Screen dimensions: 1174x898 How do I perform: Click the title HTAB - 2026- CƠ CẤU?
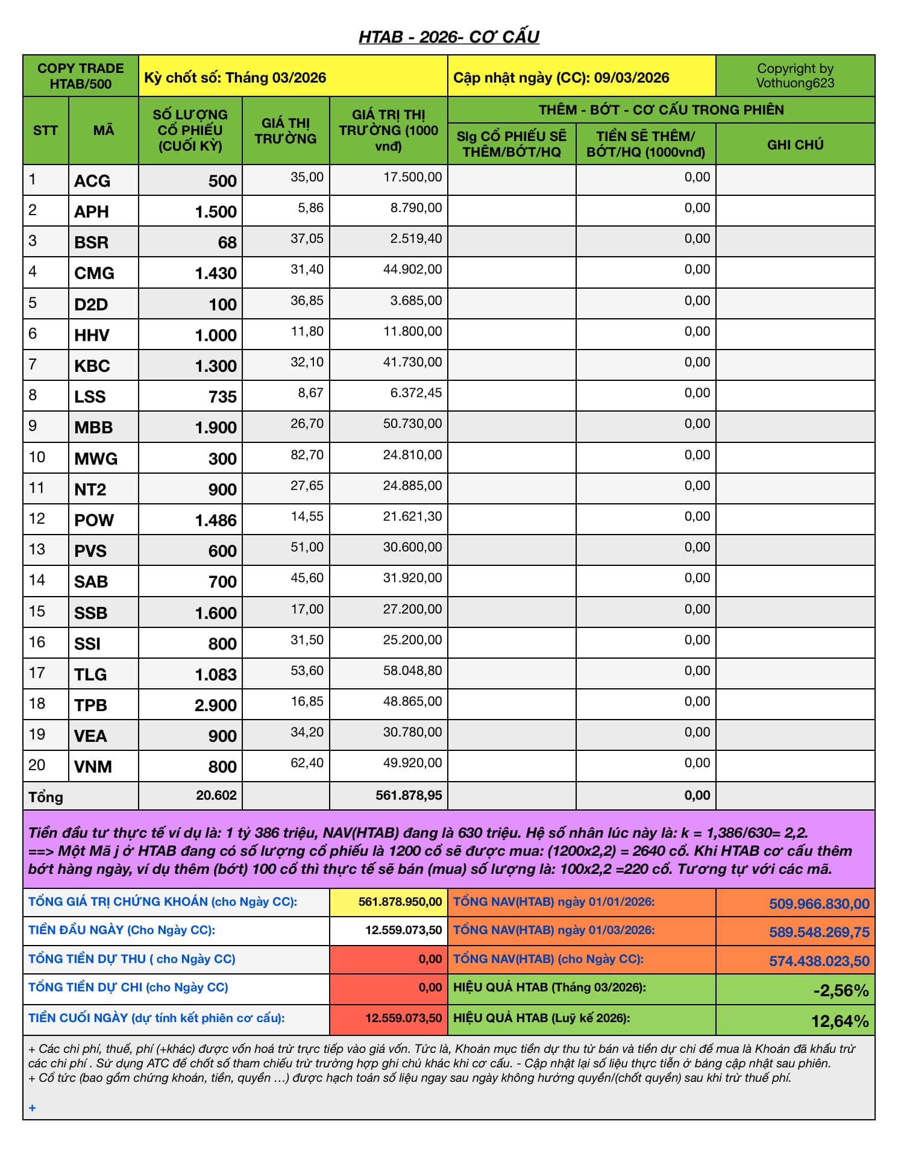448,37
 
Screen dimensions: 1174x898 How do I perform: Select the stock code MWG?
96,459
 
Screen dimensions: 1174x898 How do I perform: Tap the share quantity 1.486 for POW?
216,520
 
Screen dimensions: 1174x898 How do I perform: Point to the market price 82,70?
307,454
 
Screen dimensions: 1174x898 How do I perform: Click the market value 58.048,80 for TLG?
412,670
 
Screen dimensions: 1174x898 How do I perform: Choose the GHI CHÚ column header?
795,145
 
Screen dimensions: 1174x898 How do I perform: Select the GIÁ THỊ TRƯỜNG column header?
286,131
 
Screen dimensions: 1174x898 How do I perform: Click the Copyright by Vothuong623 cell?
795,76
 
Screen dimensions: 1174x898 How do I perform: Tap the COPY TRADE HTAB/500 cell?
81,76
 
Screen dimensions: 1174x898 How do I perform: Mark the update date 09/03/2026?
632,78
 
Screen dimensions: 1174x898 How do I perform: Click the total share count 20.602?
216,796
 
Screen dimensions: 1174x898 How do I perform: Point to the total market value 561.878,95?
409,796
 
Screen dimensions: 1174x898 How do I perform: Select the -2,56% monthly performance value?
841,990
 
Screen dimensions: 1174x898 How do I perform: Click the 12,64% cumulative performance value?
840,1021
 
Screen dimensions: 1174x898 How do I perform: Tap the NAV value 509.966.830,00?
819,903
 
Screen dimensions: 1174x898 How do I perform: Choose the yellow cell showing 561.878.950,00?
400,902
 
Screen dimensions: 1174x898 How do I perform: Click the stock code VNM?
93,767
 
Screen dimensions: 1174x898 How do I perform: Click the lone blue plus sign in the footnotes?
33,1108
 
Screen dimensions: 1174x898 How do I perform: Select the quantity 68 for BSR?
227,242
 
